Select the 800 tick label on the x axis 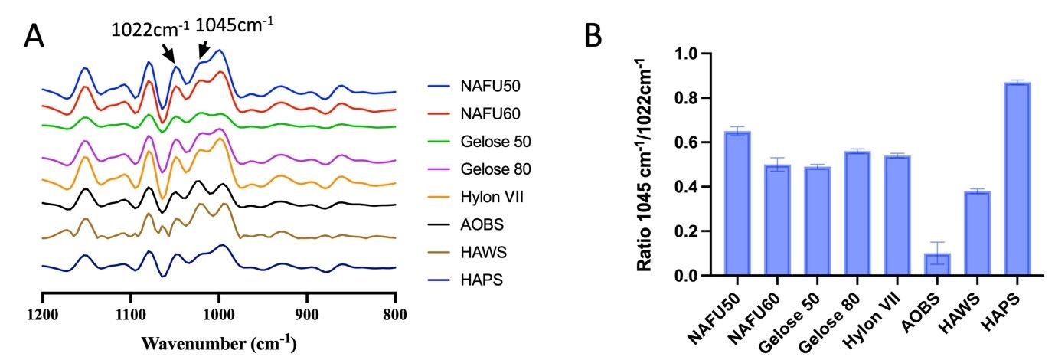395,313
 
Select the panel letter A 34,35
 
